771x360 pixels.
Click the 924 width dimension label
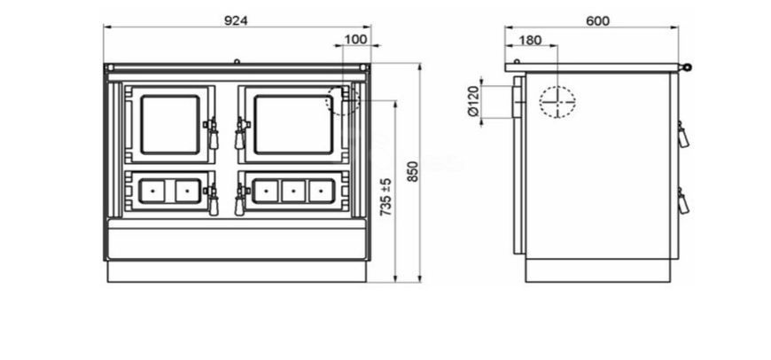tap(236, 20)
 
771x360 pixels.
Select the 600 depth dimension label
tap(597, 21)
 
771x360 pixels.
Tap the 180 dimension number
tap(530, 40)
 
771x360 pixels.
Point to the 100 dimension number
tap(355, 39)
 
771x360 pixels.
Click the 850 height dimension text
tap(413, 172)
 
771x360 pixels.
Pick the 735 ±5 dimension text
tap(386, 197)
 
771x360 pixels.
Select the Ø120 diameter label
tap(473, 101)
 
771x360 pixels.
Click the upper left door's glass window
tap(171, 124)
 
